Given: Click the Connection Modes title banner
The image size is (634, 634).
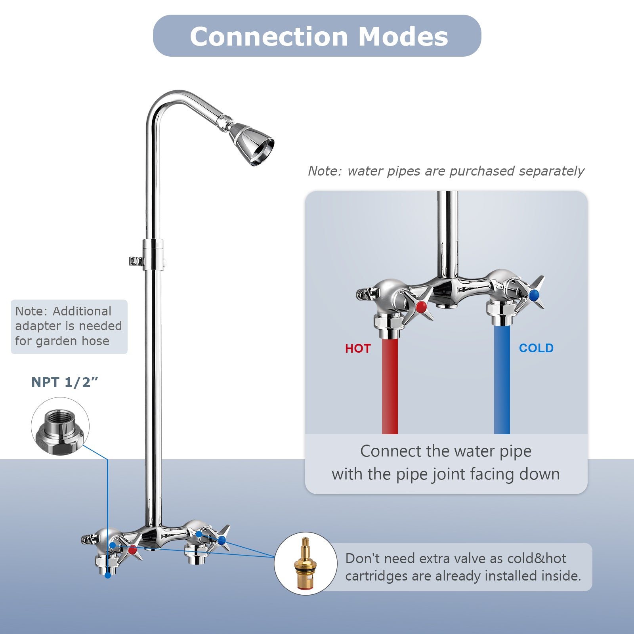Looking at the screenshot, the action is click(x=317, y=36).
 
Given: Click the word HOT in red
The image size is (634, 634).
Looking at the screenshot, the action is click(x=358, y=349).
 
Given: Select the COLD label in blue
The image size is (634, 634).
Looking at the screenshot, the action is click(x=536, y=348).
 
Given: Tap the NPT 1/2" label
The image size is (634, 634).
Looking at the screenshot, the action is click(x=65, y=382).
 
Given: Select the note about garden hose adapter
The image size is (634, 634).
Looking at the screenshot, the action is click(x=69, y=326).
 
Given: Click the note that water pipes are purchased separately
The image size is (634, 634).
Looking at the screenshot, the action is click(x=446, y=171).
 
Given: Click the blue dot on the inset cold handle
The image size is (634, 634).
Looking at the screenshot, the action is click(x=534, y=295).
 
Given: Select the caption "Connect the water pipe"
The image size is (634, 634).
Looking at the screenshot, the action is click(x=446, y=451).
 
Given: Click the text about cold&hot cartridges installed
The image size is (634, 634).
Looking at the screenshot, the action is click(x=463, y=567).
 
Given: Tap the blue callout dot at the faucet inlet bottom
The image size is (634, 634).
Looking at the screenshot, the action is click(x=108, y=575).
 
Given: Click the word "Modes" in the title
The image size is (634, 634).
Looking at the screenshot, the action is click(x=403, y=36).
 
